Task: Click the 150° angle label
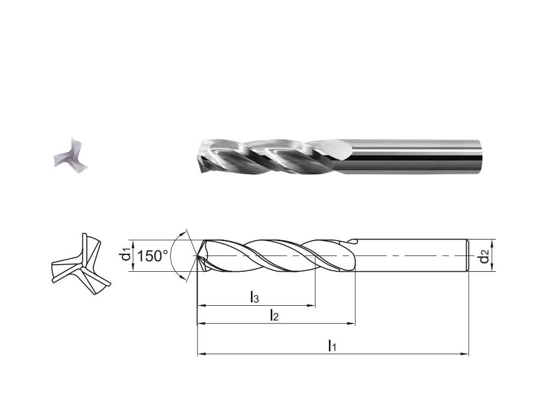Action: [x=152, y=256]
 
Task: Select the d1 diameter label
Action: [x=126, y=256]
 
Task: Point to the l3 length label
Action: [x=255, y=298]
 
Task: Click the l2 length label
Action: [x=274, y=316]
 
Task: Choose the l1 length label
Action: [x=332, y=346]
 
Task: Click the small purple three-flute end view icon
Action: [x=70, y=153]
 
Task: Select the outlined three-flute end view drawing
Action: [x=81, y=264]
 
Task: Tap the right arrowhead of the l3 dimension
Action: [x=312, y=306]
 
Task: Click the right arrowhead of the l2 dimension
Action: [x=351, y=324]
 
